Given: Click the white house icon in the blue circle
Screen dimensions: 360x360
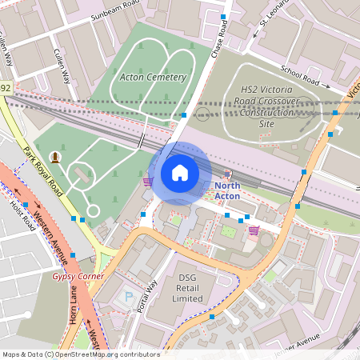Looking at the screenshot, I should [180, 173].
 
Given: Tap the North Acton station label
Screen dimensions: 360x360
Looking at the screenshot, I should [227, 191].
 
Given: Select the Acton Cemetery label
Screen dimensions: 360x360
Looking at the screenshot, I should [153, 78].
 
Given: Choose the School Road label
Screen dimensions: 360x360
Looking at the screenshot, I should [300, 77].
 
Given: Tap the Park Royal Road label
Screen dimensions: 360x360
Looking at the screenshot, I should [43, 170].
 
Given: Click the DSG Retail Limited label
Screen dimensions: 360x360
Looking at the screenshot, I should [188, 287].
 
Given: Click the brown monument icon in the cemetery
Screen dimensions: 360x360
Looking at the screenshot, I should [55, 156].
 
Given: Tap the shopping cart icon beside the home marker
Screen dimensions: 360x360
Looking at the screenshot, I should [147, 182].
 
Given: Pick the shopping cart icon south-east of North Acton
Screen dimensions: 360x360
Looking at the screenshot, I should [254, 231].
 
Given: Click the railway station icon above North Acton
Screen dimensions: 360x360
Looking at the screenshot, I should [227, 174].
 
